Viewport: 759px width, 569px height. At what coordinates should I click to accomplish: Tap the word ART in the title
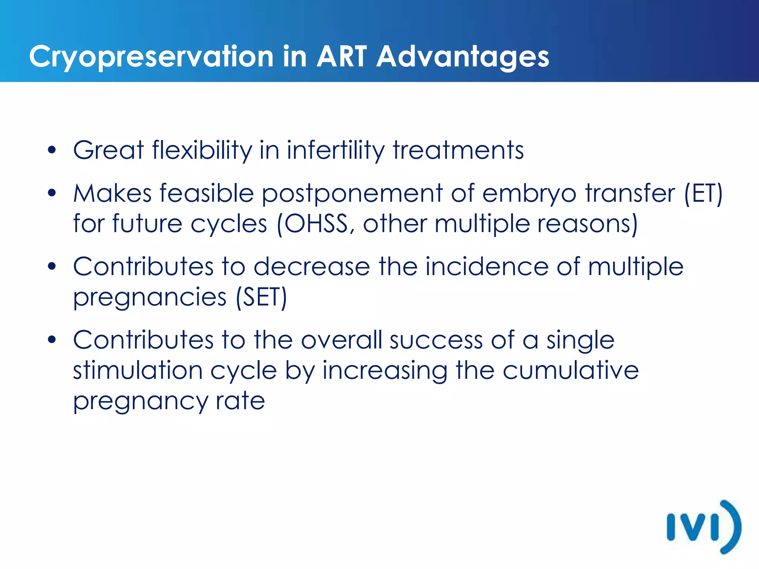click(341, 57)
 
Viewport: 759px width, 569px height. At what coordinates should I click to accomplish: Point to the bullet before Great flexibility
click(52, 150)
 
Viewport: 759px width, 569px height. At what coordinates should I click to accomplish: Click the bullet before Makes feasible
click(52, 193)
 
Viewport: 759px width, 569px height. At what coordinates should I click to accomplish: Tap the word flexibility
click(202, 150)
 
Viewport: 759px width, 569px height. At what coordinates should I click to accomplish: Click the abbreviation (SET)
click(262, 297)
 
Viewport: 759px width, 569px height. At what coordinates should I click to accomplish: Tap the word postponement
click(352, 194)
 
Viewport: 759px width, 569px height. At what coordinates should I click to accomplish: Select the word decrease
click(312, 266)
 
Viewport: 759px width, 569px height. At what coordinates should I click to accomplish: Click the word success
click(436, 340)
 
